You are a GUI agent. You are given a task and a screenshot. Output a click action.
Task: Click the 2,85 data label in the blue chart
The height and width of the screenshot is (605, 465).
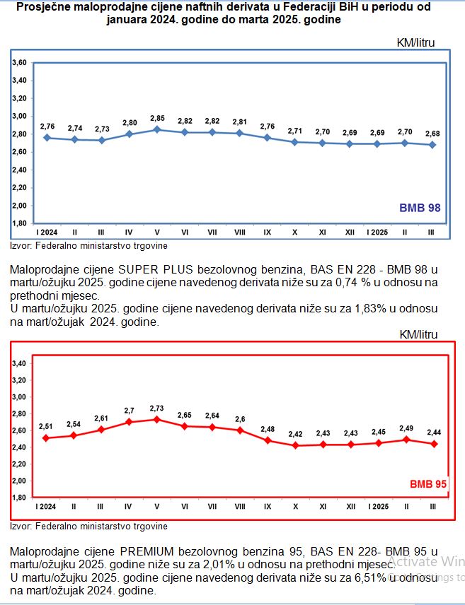pyautogui.click(x=156, y=118)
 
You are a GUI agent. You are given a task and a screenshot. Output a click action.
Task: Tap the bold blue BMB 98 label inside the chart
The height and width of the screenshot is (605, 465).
pyautogui.click(x=420, y=208)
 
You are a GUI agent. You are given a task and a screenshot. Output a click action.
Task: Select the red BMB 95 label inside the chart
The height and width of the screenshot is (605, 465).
pyautogui.click(x=427, y=484)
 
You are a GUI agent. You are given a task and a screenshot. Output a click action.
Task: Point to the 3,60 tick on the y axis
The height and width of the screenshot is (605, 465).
pyautogui.click(x=20, y=63)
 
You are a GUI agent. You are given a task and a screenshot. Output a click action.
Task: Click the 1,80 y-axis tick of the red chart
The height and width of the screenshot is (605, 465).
pyautogui.click(x=20, y=498)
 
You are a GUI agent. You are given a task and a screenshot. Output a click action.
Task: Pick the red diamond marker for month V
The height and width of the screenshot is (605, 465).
pyautogui.click(x=156, y=419)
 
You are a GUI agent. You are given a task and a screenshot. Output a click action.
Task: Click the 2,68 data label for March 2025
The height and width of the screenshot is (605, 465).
pyautogui.click(x=432, y=134)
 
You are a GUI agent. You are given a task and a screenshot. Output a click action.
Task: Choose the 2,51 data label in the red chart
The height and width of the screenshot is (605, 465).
pyautogui.click(x=47, y=426)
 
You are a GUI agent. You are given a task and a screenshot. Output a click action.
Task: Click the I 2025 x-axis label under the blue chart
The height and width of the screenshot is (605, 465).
pyautogui.click(x=377, y=231)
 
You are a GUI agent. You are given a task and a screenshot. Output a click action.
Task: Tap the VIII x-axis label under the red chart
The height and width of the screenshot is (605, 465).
pyautogui.click(x=239, y=507)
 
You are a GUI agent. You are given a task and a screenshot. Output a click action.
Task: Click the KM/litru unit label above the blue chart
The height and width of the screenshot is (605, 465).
pyautogui.click(x=415, y=42)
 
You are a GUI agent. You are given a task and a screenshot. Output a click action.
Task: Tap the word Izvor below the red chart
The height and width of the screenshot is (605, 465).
pyautogui.click(x=18, y=526)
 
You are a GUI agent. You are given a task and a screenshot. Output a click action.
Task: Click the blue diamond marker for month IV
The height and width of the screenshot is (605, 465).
pyautogui.click(x=129, y=134)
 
